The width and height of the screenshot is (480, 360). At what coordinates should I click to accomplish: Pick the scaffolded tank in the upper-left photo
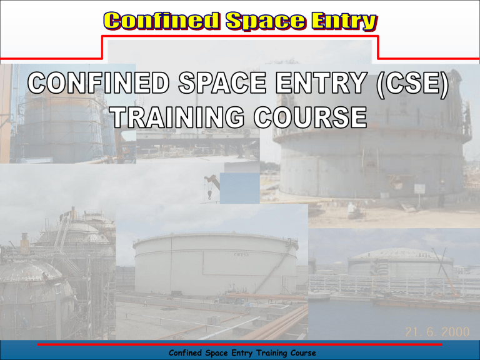[59, 125]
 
